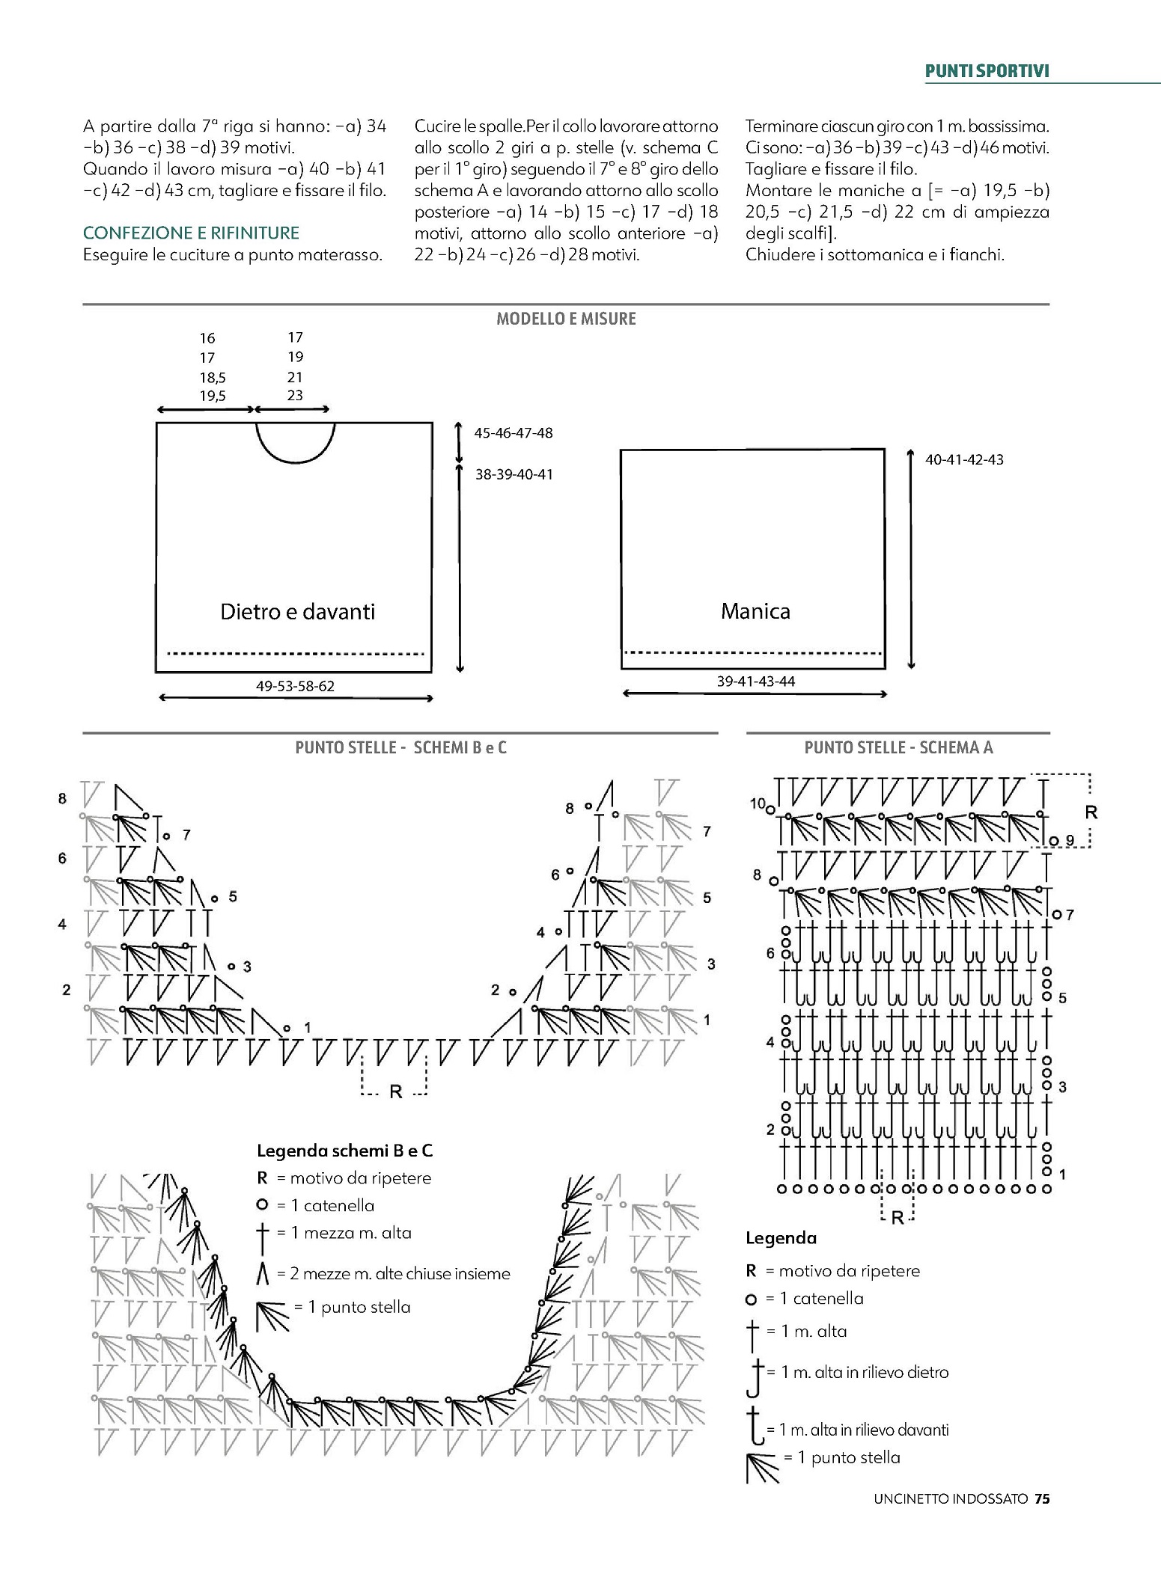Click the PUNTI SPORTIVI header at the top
point(987,71)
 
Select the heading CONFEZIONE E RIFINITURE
point(191,233)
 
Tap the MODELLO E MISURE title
point(566,319)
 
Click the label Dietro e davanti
point(297,612)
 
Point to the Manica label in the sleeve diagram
point(755,611)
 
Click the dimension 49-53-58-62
point(295,685)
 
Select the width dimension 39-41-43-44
point(755,681)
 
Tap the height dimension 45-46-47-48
point(514,433)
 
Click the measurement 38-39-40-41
point(514,474)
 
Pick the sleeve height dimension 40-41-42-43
point(964,459)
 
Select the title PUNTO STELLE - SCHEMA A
point(898,747)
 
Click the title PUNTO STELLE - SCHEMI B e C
point(400,747)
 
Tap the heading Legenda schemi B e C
point(344,1151)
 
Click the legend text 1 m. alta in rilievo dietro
point(865,1372)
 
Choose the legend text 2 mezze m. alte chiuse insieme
point(393,1273)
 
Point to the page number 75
point(1042,1519)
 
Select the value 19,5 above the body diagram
point(213,396)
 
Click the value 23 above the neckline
point(295,395)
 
